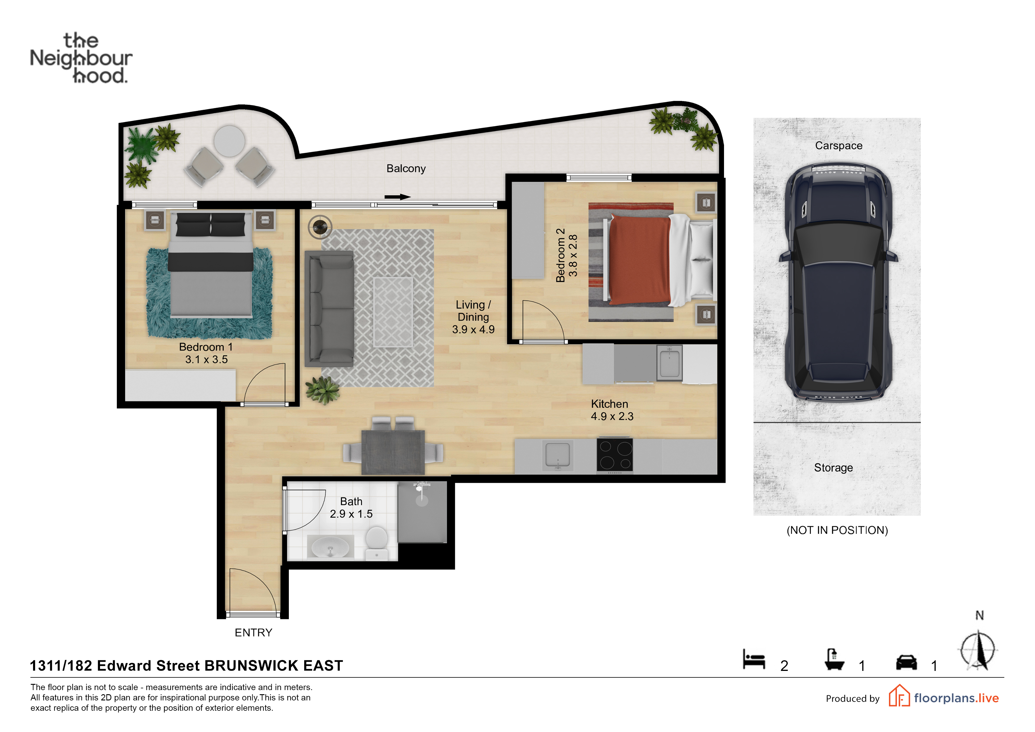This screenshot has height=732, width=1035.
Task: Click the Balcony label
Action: (x=406, y=169)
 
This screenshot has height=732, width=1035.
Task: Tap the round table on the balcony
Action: (x=230, y=141)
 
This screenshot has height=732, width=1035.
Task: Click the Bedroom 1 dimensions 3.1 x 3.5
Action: (x=207, y=360)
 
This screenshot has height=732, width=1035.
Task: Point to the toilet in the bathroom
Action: (x=376, y=543)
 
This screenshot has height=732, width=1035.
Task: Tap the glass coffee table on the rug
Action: (x=393, y=312)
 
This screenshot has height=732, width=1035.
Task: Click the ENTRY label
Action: (x=253, y=633)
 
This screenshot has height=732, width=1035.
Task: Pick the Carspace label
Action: (x=839, y=146)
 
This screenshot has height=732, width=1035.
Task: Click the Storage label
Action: (x=833, y=468)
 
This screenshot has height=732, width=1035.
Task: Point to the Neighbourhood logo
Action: (x=81, y=58)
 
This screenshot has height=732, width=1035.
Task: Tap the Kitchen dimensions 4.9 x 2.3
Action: (x=612, y=416)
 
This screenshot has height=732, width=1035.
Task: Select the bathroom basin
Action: (x=330, y=547)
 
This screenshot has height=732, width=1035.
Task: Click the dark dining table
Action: (x=393, y=452)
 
